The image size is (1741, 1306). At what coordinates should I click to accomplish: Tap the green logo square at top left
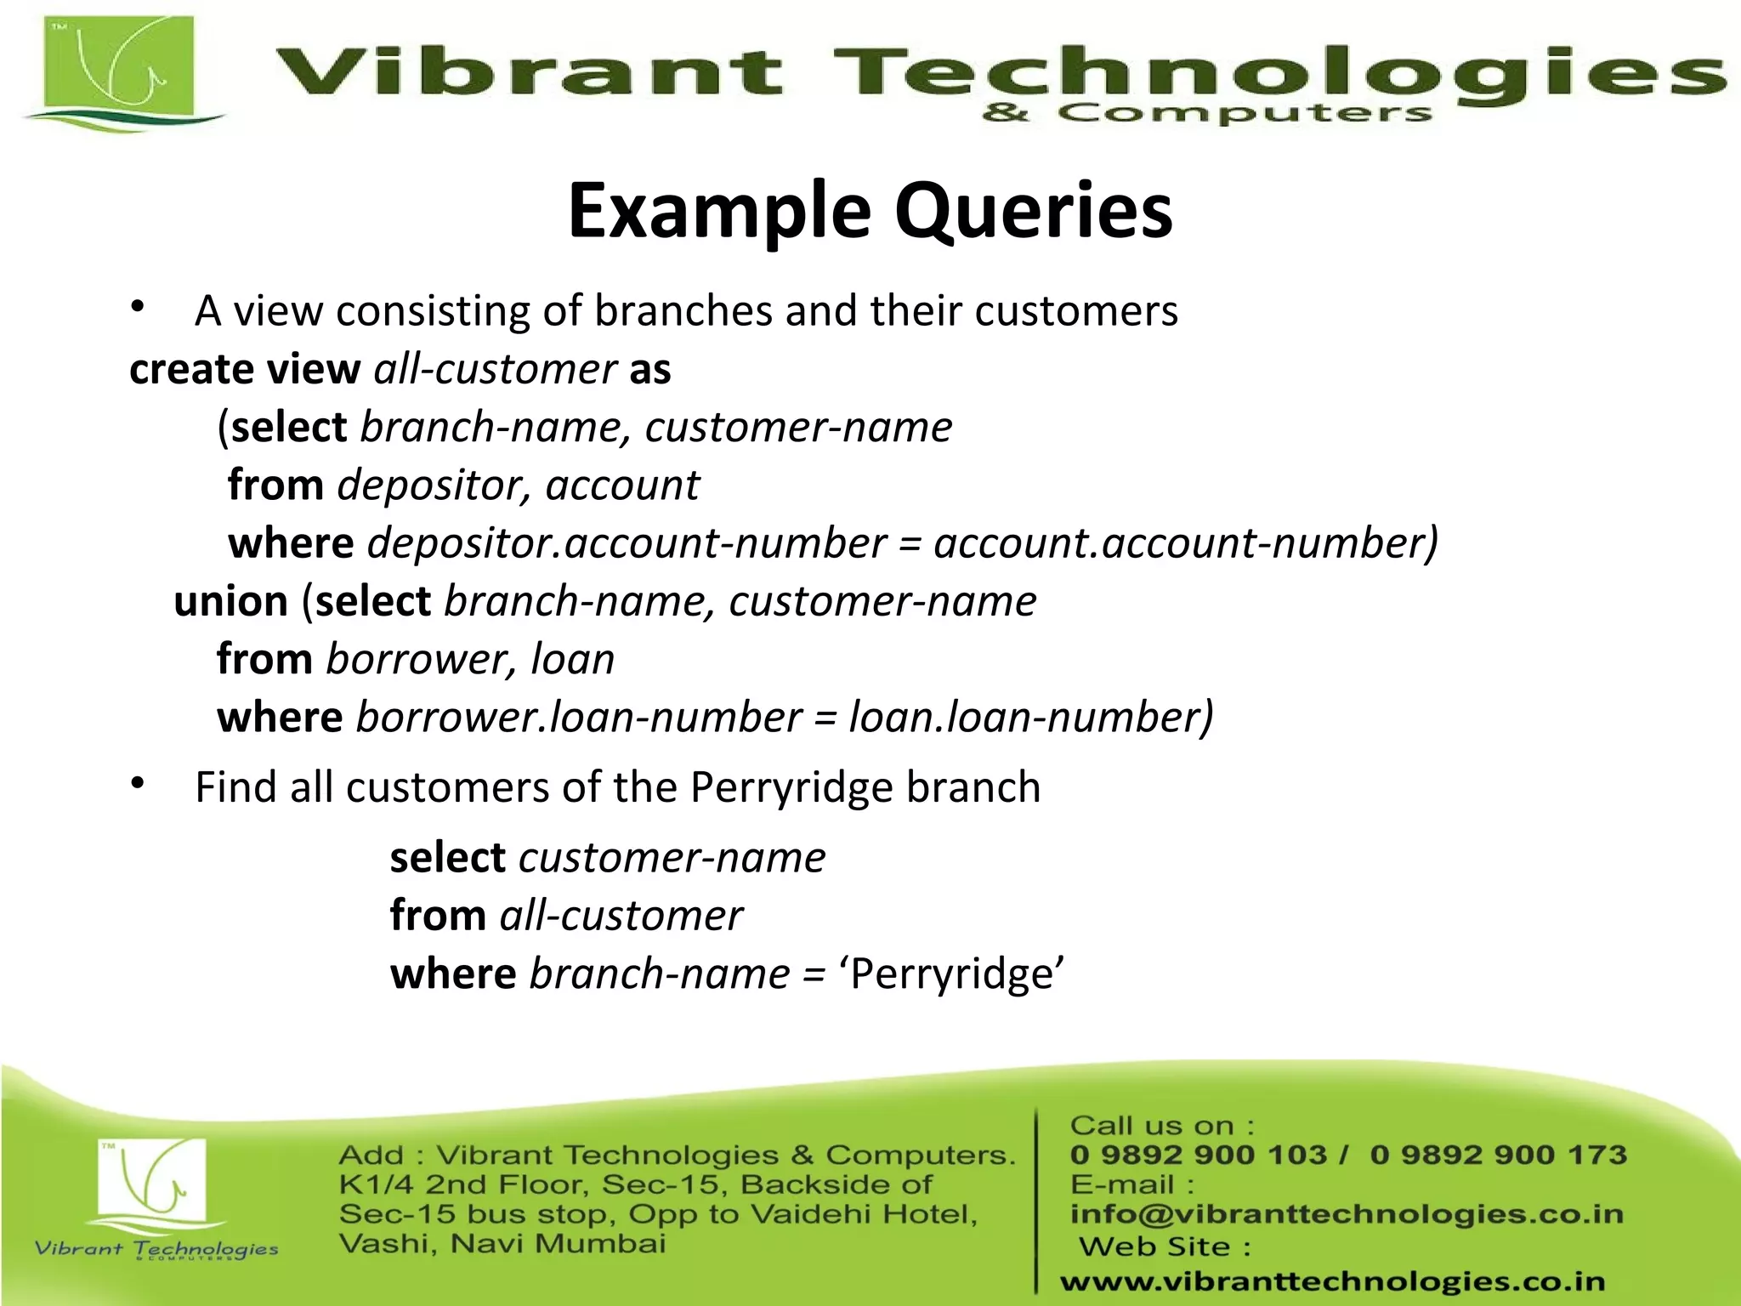119,71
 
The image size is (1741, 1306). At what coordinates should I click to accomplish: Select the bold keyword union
230,602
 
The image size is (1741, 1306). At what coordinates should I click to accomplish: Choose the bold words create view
245,370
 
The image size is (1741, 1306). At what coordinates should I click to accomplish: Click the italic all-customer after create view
495,370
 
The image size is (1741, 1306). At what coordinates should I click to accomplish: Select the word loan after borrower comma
572,660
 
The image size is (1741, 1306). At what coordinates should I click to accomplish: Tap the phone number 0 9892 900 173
1498,1155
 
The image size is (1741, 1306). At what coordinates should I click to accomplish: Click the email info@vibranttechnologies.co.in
1347,1214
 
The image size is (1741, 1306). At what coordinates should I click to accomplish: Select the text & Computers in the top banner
1206,113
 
